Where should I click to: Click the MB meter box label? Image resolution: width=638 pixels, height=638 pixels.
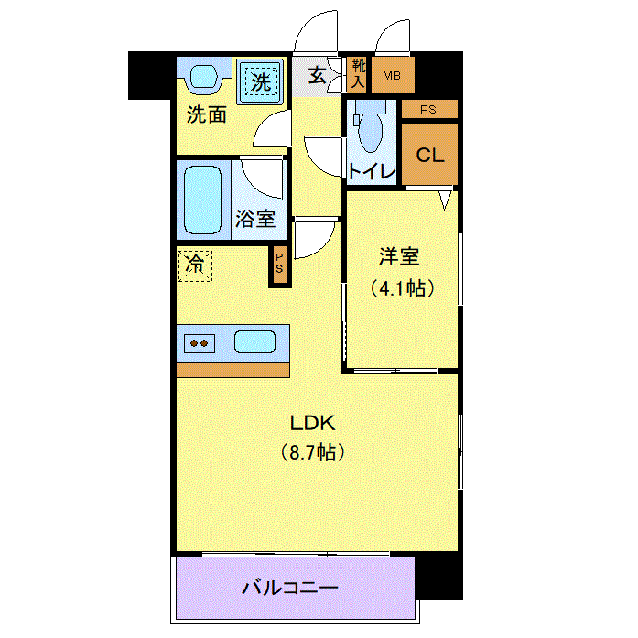click(392, 76)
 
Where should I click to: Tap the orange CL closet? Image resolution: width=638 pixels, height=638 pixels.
click(429, 155)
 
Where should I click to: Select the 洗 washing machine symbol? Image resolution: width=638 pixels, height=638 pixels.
click(262, 81)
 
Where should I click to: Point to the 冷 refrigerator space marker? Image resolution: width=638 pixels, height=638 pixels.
click(195, 265)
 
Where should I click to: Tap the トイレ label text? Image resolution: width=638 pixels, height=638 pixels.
click(371, 171)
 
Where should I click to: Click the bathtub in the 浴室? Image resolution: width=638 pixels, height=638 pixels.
click(202, 199)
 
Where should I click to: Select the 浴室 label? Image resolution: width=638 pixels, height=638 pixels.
click(254, 219)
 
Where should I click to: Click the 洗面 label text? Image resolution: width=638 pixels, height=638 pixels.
click(207, 115)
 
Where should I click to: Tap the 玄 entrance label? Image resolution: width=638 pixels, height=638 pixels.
click(317, 76)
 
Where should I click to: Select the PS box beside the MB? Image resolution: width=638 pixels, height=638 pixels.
click(428, 109)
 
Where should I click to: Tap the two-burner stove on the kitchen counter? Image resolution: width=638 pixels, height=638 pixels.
click(199, 344)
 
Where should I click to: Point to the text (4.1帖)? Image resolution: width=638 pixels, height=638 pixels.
click(401, 288)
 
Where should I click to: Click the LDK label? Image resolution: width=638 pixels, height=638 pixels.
click(314, 423)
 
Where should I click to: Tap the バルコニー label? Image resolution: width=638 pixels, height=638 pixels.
click(290, 587)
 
